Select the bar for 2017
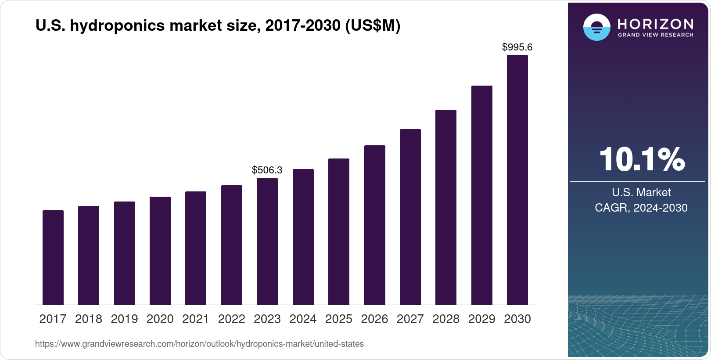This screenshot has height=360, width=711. [x=53, y=258]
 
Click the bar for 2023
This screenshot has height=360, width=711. [x=267, y=241]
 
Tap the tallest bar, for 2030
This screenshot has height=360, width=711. [x=517, y=180]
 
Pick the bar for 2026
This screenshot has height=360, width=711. [x=375, y=225]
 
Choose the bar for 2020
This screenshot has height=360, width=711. [x=160, y=251]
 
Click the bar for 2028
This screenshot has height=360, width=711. [x=446, y=207]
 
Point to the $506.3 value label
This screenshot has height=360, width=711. [x=267, y=170]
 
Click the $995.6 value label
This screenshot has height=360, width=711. [x=517, y=47]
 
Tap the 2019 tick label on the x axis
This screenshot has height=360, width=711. [x=124, y=319]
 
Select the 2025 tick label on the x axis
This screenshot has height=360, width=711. [x=339, y=319]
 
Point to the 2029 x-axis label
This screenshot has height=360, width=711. [x=481, y=319]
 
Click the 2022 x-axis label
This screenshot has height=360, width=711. [x=231, y=319]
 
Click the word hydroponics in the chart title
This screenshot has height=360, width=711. [x=118, y=26]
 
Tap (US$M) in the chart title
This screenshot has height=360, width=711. [x=373, y=26]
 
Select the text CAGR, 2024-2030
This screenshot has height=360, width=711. [x=641, y=208]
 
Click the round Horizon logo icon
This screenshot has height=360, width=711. [x=596, y=27]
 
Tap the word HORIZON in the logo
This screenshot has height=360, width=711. [x=655, y=24]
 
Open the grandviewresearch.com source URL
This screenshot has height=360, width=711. [x=199, y=344]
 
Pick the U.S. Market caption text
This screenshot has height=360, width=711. [x=641, y=192]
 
